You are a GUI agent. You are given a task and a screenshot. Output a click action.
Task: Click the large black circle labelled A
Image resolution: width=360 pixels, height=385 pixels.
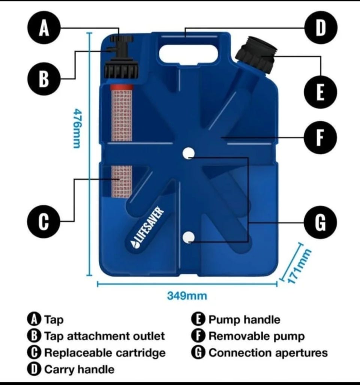click(x=44, y=28)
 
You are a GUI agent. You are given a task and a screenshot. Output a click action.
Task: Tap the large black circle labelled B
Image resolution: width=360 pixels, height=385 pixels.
click(x=44, y=79)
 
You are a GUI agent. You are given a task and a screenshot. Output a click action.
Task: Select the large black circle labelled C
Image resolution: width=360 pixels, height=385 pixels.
click(x=43, y=221)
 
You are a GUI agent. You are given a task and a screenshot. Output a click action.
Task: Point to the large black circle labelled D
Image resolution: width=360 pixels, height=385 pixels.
click(x=321, y=27)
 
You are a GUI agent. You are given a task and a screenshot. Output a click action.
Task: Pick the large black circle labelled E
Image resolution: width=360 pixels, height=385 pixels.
click(x=320, y=92)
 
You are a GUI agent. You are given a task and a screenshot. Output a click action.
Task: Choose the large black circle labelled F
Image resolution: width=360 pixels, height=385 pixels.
click(x=320, y=137)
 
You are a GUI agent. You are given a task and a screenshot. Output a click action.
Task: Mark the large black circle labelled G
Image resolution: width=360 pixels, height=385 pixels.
click(x=320, y=222)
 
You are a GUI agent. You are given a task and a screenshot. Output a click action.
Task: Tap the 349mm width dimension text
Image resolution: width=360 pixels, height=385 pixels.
click(x=187, y=296)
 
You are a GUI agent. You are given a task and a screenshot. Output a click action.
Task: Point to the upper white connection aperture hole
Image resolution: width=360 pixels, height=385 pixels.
click(x=189, y=153)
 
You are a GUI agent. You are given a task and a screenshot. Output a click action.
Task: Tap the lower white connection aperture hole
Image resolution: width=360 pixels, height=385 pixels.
click(x=189, y=237)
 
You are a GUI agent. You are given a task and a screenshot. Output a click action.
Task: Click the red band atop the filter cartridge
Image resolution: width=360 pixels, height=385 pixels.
click(x=121, y=87)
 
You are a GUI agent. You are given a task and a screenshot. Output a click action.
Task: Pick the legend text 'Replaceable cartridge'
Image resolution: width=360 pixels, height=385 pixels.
click(x=105, y=353)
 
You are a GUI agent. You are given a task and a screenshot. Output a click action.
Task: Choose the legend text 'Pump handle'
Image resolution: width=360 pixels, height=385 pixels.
click(x=244, y=320)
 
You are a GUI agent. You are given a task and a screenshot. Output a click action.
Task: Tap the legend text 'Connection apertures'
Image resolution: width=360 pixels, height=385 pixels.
click(x=268, y=353)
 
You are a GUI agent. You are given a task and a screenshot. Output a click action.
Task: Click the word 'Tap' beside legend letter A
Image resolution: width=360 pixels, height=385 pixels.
click(x=54, y=320)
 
